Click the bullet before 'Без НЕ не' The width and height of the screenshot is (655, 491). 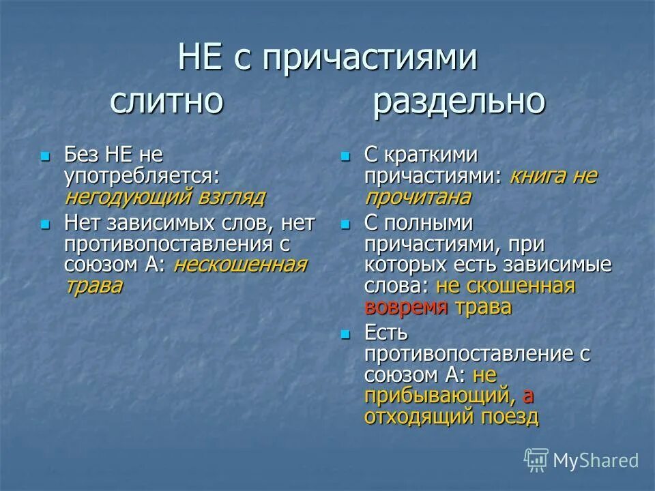[46, 156]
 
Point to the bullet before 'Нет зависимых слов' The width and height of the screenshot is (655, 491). [46, 224]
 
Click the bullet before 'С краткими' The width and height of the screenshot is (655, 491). [345, 156]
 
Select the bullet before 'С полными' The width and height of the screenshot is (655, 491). [345, 224]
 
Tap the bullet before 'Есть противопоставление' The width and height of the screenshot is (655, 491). [345, 334]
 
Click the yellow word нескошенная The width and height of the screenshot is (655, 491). [240, 265]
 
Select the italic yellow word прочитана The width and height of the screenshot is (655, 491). [418, 198]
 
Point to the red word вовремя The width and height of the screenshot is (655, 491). [406, 307]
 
